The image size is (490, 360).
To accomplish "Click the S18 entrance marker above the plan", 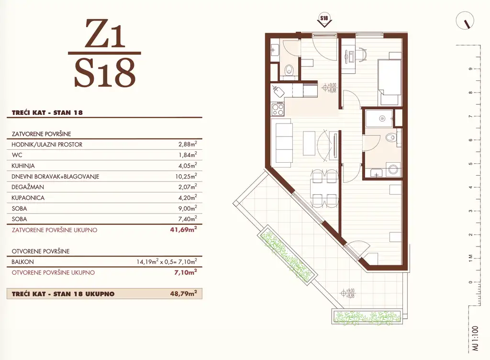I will [x=324, y=20].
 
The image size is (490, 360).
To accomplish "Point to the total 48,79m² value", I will [x=186, y=293].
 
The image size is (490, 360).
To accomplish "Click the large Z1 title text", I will [x=105, y=34].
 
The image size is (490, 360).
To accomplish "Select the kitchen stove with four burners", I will [x=278, y=110].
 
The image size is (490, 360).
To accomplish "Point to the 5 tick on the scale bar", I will [x=471, y=164].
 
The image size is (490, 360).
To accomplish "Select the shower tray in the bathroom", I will [x=379, y=119].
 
